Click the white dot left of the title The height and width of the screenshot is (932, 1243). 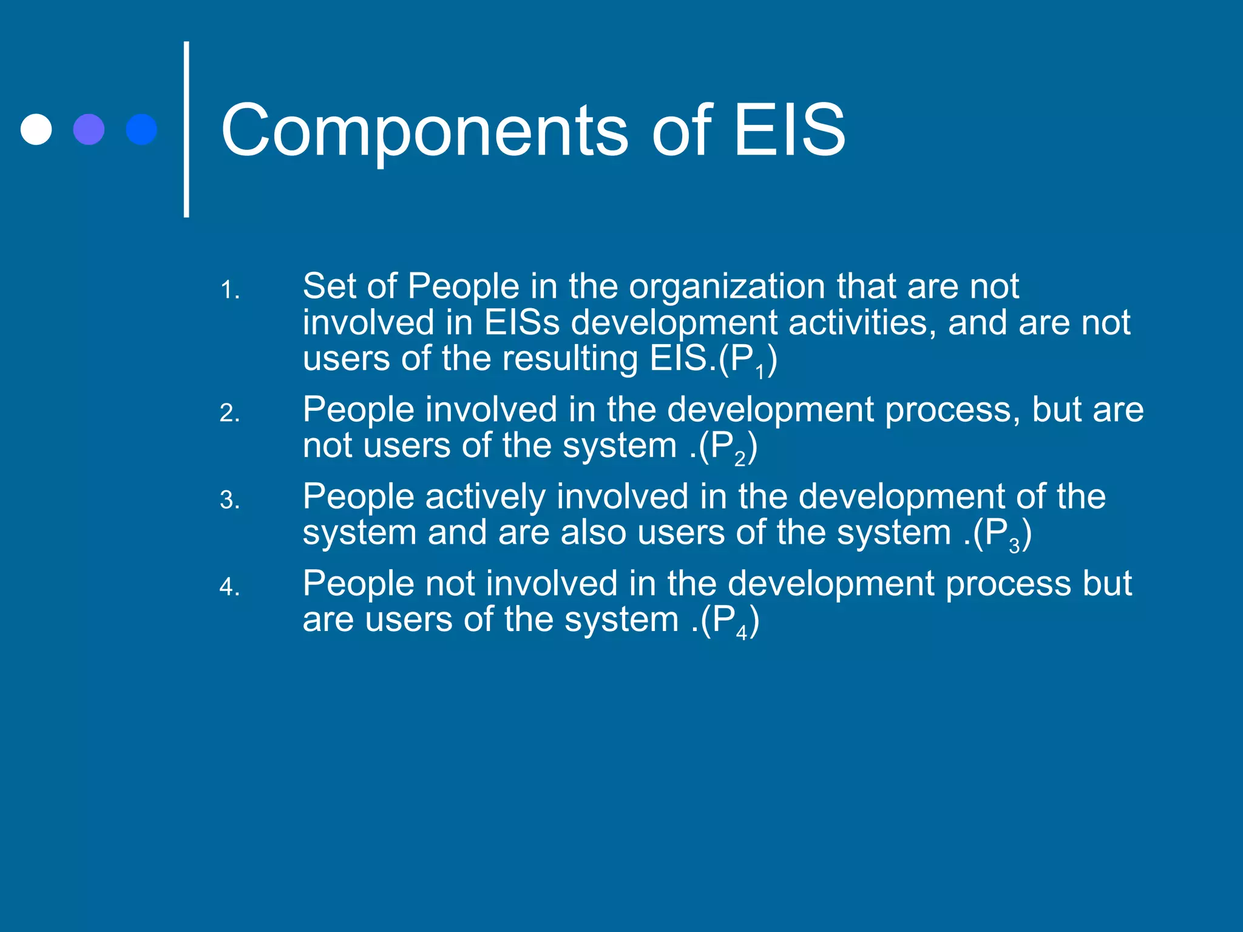click(36, 129)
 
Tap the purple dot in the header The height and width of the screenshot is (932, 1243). click(89, 129)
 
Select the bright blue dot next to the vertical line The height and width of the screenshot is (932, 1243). click(141, 129)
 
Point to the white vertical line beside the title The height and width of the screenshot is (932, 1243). click(186, 129)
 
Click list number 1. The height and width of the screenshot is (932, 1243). click(229, 291)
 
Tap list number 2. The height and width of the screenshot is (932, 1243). click(229, 414)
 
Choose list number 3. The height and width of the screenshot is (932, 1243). click(229, 501)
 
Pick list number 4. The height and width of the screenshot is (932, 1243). click(229, 587)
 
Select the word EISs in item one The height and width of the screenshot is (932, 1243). click(521, 323)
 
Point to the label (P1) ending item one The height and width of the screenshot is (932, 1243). click(747, 360)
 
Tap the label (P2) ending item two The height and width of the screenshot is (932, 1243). click(728, 448)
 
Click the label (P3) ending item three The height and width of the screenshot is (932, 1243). click(1002, 535)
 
